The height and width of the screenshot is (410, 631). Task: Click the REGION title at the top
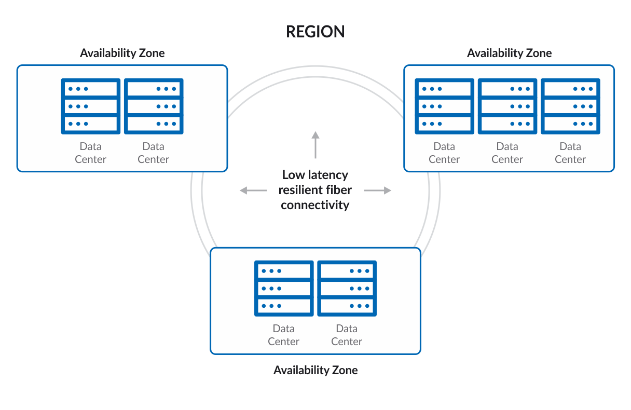(315, 32)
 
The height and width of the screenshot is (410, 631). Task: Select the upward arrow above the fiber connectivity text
(315, 144)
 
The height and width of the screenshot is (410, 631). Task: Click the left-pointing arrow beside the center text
(253, 190)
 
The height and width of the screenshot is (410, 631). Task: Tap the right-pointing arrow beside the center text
(377, 190)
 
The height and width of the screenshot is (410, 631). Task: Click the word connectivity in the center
(315, 205)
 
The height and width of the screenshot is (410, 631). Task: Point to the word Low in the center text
(293, 175)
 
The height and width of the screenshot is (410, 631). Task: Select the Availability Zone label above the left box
(122, 53)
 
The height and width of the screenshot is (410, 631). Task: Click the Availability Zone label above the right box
(509, 53)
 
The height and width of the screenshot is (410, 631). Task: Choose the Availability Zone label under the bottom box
(315, 370)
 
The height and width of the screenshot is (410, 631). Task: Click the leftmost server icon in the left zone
(91, 106)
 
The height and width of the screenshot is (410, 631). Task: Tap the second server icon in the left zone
(154, 106)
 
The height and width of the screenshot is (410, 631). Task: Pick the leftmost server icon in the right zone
(444, 106)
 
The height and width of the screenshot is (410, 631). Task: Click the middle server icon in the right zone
(507, 106)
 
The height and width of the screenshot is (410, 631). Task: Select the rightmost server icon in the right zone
(570, 106)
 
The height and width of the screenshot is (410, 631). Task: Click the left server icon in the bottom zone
(284, 288)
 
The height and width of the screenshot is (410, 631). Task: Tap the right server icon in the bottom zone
(347, 288)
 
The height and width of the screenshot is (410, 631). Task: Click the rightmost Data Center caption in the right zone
(570, 153)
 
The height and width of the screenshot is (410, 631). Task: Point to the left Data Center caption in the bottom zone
(284, 335)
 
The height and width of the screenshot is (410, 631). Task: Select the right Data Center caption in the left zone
(154, 153)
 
